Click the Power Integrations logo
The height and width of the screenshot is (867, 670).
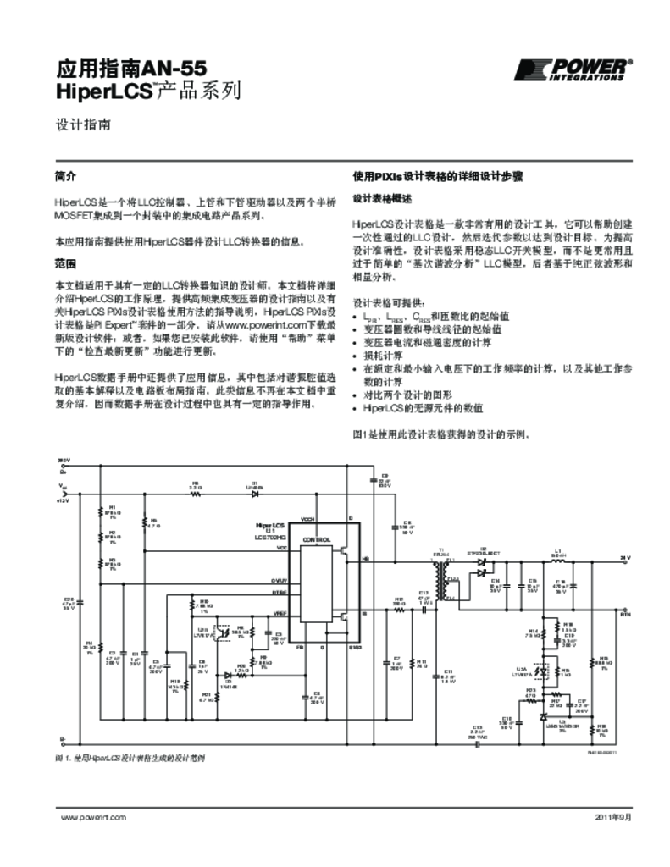click(x=573, y=69)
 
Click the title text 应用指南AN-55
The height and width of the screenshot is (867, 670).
click(x=131, y=67)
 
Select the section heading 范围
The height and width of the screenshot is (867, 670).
click(x=65, y=263)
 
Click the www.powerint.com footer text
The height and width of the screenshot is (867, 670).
click(x=93, y=817)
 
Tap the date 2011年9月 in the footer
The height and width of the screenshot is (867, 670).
click(x=613, y=817)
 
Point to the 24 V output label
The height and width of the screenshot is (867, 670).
click(x=624, y=557)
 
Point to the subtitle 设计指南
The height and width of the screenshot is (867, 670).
click(x=80, y=124)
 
